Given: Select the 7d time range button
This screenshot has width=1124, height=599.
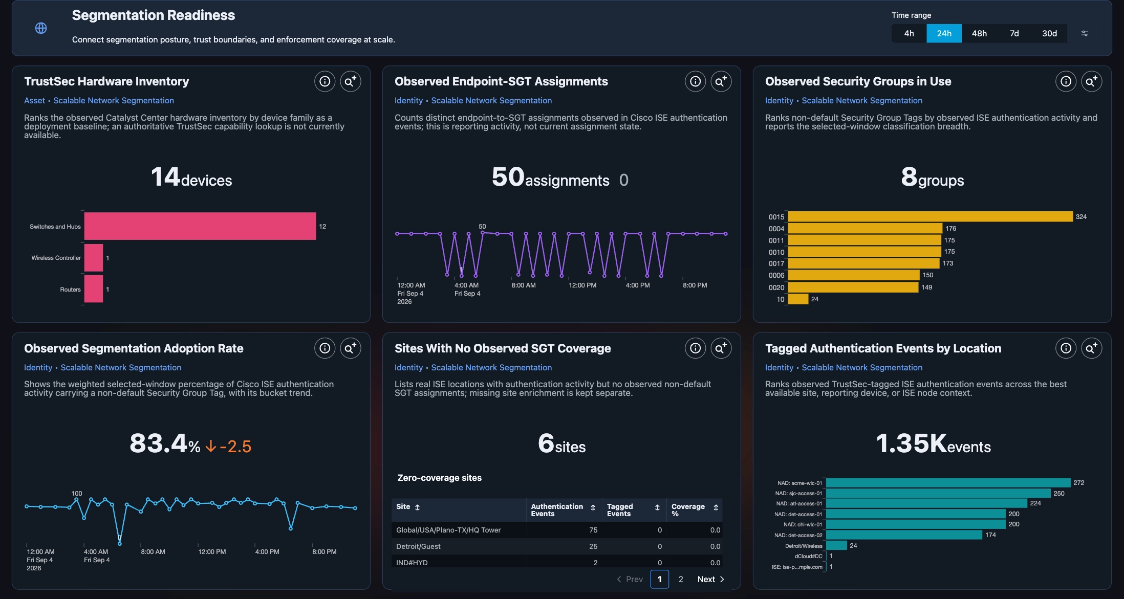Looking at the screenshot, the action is pos(1014,33).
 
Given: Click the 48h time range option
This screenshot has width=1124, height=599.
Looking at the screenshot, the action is pos(979,33).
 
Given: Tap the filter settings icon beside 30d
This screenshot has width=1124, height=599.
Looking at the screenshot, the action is pos(1085,33).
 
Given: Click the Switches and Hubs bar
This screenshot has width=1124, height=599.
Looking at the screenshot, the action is pos(200,226).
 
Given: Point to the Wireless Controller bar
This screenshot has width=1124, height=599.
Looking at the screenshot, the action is pos(94,258).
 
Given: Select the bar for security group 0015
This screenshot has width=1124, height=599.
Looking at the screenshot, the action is pos(930,217).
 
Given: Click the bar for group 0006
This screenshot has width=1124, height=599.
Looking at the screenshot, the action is pos(854,275).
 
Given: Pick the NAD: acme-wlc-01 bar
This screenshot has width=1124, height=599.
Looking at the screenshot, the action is pos(948,483).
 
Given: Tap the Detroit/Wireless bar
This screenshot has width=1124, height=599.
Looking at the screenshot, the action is pos(836,545).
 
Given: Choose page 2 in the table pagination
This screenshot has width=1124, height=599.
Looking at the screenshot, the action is pos(681,579).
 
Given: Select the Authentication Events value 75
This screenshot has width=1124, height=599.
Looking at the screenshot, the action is pos(593,530).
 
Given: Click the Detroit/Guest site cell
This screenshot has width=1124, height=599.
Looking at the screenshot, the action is pos(418,546).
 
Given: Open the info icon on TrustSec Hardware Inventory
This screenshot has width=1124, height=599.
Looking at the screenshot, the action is pos(325,81).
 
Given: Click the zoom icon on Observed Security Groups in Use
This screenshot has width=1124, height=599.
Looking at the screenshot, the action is pos(1092,81).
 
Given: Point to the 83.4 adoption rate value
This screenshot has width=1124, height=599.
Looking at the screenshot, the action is pos(158,443).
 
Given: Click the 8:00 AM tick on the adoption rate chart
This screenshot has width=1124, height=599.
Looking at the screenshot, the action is pos(153,551).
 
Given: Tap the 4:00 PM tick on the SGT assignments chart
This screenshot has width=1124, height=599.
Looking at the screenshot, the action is pos(638,285).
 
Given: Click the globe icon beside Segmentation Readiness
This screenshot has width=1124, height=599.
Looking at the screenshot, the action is pos(41,28).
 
